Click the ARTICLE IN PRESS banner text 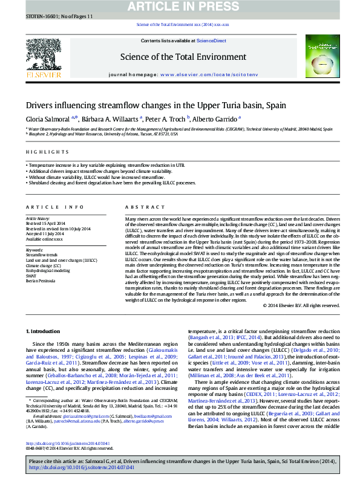(180, 7)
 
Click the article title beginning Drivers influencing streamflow (148, 105)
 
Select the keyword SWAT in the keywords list (31, 275)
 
